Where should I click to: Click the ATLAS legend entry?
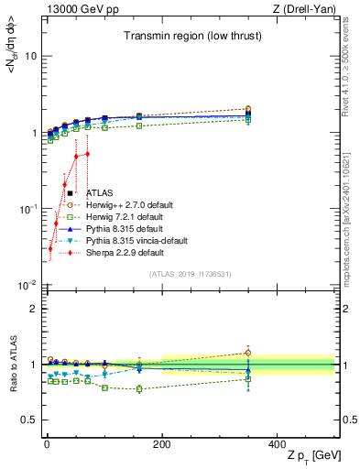(x=100, y=193)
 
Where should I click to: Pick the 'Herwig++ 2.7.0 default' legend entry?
(x=128, y=205)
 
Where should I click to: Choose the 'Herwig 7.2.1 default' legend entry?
(x=125, y=217)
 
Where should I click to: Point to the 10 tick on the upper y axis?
(x=30, y=56)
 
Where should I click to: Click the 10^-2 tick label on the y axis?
(x=27, y=286)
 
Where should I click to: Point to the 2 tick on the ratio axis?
(x=31, y=309)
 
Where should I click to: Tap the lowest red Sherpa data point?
(x=50, y=248)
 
